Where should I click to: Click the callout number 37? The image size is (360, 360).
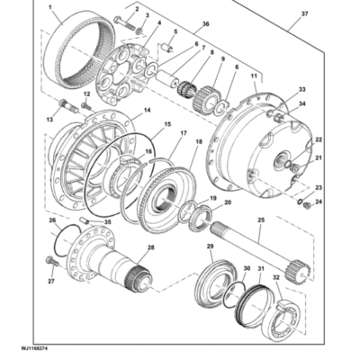(x=305, y=13)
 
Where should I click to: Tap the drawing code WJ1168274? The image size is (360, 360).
(x=34, y=349)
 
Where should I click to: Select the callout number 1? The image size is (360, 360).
(x=49, y=7)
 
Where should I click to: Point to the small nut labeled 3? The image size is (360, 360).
(x=139, y=31)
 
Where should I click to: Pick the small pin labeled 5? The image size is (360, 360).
(x=167, y=48)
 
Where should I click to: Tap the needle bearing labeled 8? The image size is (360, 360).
(x=186, y=88)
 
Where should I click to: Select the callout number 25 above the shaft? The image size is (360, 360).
(x=261, y=220)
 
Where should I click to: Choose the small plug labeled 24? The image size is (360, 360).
(x=307, y=205)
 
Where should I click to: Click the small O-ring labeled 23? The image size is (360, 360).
(x=300, y=202)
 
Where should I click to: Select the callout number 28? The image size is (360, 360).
(x=150, y=247)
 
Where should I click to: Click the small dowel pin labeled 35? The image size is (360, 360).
(x=85, y=220)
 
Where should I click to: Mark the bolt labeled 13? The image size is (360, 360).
(x=68, y=106)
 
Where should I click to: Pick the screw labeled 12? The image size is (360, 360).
(x=86, y=106)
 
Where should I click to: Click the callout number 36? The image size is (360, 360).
(x=205, y=23)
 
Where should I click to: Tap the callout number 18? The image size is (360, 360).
(x=199, y=141)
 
